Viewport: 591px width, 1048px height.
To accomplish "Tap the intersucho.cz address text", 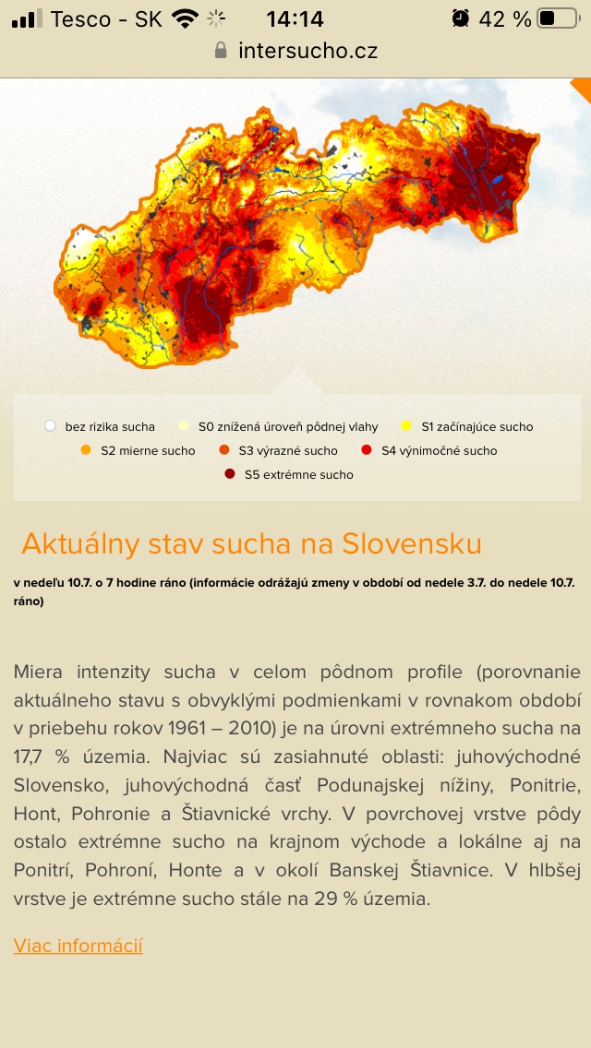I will click(308, 50).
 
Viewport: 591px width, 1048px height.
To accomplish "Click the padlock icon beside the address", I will click(221, 50).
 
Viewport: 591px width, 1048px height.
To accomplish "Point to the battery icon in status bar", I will click(557, 18).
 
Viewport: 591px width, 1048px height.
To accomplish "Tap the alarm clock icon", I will click(460, 18).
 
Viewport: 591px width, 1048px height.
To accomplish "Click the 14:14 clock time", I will click(295, 18).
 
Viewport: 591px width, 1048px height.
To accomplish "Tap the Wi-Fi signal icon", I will click(186, 18).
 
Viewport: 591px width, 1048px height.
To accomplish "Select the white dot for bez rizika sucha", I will click(50, 426).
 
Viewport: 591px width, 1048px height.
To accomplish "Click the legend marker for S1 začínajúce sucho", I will click(406, 426).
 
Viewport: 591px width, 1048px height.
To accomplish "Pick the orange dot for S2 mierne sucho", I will click(86, 450).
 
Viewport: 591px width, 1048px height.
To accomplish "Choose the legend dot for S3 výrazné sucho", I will click(223, 450).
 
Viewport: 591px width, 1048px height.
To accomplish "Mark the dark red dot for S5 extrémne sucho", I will click(229, 474).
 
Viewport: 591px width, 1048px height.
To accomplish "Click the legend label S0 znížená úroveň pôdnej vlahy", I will click(288, 426).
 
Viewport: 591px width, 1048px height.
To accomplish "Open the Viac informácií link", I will click(78, 946).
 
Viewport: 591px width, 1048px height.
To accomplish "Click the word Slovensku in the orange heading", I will click(412, 543).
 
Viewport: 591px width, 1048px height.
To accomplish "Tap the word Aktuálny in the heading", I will click(80, 543).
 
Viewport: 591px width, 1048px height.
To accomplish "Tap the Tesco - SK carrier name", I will click(106, 18).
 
